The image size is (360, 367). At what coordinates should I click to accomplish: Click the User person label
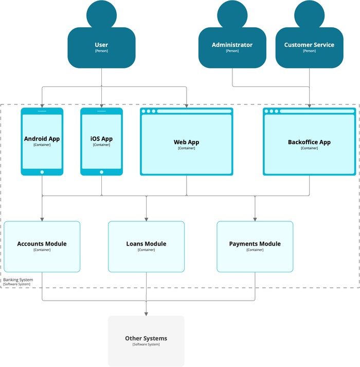pos(101,45)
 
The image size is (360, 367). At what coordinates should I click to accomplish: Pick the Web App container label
pos(186,143)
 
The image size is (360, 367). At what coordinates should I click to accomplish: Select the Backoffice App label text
pos(309,142)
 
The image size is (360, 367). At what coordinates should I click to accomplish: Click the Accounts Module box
pos(42,246)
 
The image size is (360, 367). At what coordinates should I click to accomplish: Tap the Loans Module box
pos(146,246)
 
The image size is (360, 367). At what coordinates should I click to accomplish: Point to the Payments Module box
pos(255,246)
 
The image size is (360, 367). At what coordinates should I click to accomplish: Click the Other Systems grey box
pos(146,341)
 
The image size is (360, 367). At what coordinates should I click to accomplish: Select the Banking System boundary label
pos(18,280)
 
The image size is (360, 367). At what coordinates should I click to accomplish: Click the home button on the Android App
pos(42,172)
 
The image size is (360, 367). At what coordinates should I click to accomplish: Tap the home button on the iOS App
pos(101,172)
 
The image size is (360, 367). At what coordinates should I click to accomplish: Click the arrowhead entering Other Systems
pos(146,312)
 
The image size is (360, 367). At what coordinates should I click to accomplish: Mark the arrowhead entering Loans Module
pos(146,218)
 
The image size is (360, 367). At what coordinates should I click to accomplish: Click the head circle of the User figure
pos(101,14)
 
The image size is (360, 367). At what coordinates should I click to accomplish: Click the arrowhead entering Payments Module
pos(255,218)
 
